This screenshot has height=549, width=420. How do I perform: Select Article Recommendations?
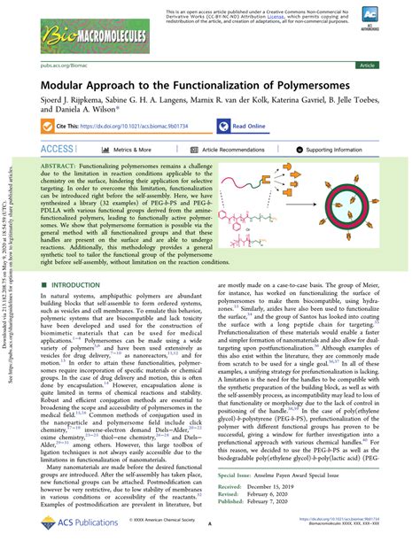227,151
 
